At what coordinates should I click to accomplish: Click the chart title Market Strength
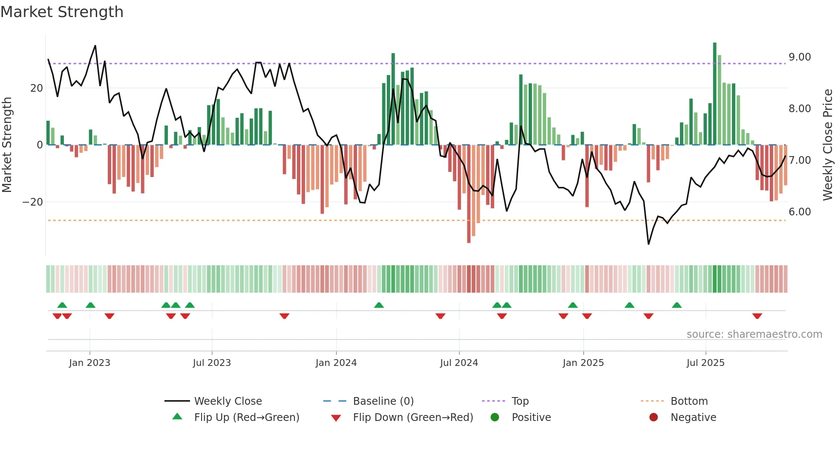pyautogui.click(x=62, y=12)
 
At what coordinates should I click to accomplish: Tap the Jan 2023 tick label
pyautogui.click(x=89, y=363)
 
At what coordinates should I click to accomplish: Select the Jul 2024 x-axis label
pyautogui.click(x=459, y=363)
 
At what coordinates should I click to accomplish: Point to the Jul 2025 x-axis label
pyautogui.click(x=705, y=363)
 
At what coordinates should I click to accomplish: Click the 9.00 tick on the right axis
pyautogui.click(x=800, y=57)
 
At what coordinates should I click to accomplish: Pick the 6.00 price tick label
pyautogui.click(x=800, y=212)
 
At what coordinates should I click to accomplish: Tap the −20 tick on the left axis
pyautogui.click(x=33, y=202)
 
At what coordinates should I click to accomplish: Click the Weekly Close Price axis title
pyautogui.click(x=827, y=145)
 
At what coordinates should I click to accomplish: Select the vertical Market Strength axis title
pyautogui.click(x=7, y=145)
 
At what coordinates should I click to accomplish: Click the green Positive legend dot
pyautogui.click(x=495, y=418)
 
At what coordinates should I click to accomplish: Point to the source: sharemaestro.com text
pyautogui.click(x=754, y=334)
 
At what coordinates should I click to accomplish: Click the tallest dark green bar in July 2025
pyautogui.click(x=715, y=94)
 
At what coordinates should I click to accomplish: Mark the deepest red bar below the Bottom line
pyautogui.click(x=469, y=194)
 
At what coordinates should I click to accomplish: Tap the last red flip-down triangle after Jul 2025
pyautogui.click(x=757, y=316)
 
